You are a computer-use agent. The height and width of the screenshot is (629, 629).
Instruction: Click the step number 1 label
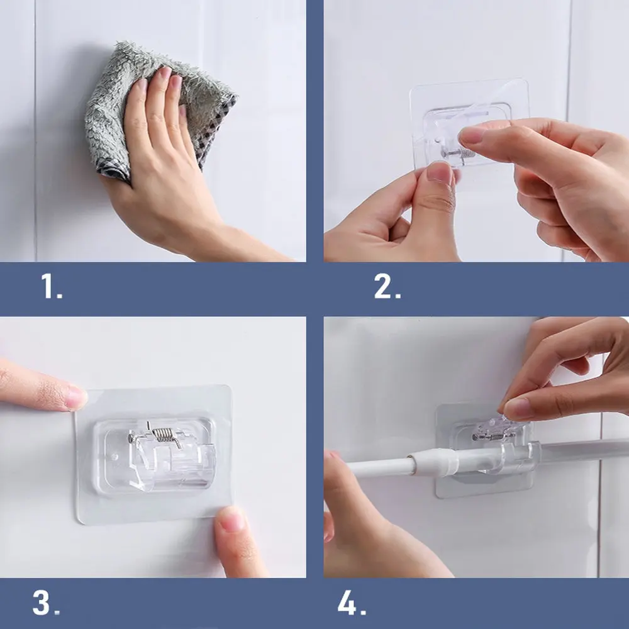52,286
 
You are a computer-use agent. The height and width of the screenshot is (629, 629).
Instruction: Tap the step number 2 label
387,286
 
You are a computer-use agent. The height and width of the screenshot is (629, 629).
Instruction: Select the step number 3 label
46,603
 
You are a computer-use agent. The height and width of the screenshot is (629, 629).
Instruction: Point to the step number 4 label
352,603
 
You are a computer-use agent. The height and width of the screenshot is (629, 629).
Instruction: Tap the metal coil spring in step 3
163,434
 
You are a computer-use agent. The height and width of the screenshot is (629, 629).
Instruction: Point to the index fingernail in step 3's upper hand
76,398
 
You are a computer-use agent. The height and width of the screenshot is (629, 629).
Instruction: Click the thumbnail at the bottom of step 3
231,519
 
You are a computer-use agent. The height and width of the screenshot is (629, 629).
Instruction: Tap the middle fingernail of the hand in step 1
165,73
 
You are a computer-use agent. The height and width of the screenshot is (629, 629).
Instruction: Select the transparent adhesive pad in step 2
469,128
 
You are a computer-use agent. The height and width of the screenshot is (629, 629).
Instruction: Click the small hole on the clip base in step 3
114,457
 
